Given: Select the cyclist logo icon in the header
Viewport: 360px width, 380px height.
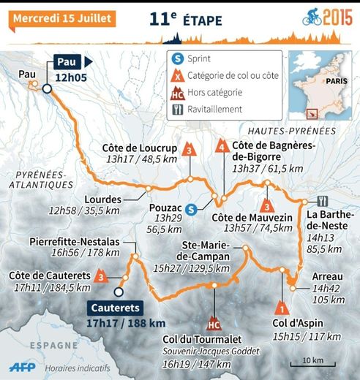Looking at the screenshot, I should (312, 15).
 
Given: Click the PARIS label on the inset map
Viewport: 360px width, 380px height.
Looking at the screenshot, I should (336, 81).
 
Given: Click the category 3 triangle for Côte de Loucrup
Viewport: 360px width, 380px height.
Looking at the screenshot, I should (190, 149).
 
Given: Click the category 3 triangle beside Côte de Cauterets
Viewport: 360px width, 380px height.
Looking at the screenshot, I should (100, 276).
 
